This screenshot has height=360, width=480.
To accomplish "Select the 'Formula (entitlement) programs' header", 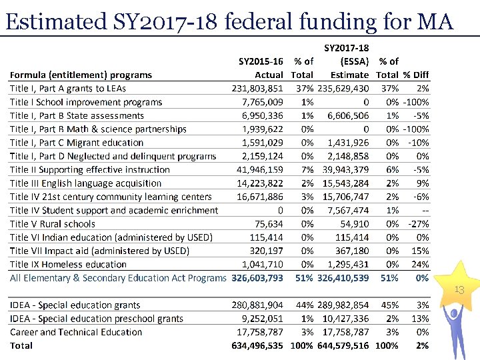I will (x=81, y=75).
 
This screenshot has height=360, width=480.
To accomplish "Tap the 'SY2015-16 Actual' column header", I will (x=261, y=68).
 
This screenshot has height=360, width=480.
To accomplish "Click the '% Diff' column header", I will (x=417, y=75).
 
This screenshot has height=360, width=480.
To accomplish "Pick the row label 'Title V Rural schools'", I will (x=53, y=224).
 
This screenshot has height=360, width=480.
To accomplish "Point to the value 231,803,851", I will (x=257, y=89).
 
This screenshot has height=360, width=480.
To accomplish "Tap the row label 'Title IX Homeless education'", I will (x=68, y=265).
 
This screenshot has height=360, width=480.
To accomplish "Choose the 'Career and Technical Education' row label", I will (x=76, y=332).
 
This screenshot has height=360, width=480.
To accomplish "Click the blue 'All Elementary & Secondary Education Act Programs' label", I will (x=118, y=278).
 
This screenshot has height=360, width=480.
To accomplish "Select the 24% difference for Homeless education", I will (x=420, y=265).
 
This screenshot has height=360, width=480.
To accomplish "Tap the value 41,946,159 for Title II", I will (x=260, y=170).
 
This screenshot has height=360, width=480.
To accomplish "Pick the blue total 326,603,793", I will (x=257, y=278).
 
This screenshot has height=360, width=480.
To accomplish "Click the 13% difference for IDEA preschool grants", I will (x=420, y=319).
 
